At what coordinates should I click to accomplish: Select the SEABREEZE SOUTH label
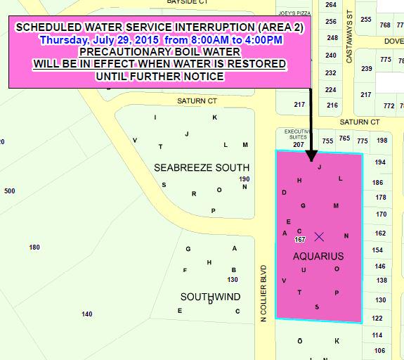pos(202,167)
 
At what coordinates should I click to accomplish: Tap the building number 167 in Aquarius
pos(299,239)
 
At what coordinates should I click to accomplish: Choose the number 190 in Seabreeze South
pos(245,179)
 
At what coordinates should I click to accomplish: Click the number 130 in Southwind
pos(233,279)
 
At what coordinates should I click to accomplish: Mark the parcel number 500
pos(9,191)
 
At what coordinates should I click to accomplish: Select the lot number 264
pos(332,5)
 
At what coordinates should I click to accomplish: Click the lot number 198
pos(382,141)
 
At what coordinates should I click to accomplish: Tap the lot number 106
pos(379,350)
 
